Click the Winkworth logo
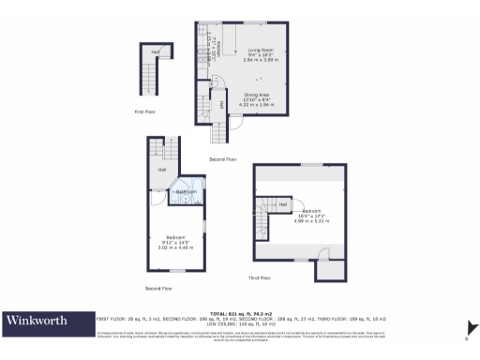click(38, 321)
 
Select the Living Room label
click(261, 50)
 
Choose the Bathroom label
click(187, 191)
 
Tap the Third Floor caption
click(259, 278)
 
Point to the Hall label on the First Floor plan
click(154, 51)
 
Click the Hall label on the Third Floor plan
click(282, 203)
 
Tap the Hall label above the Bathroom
click(161, 170)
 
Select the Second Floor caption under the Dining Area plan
click(222, 159)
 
